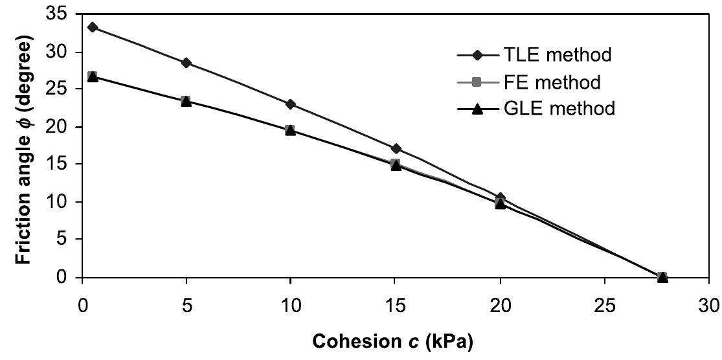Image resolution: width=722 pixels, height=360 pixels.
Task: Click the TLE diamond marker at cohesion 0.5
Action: pyautogui.click(x=93, y=27)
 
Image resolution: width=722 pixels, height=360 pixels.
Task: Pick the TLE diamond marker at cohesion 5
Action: pyautogui.click(x=186, y=63)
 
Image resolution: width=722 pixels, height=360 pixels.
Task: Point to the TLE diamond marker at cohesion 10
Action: pyautogui.click(x=290, y=104)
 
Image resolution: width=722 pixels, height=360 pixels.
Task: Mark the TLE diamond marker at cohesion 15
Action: pyautogui.click(x=396, y=149)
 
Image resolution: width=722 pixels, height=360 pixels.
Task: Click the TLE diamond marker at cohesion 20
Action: pyautogui.click(x=500, y=197)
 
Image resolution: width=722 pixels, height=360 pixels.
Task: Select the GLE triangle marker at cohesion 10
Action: pyautogui.click(x=290, y=130)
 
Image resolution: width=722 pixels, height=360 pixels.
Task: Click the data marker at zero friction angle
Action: pyautogui.click(x=662, y=277)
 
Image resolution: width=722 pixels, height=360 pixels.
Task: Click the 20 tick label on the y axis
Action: pyautogui.click(x=62, y=126)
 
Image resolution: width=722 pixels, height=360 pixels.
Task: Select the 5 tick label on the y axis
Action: pyautogui.click(x=67, y=239)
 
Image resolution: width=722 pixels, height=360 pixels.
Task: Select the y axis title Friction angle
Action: pyautogui.click(x=24, y=145)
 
